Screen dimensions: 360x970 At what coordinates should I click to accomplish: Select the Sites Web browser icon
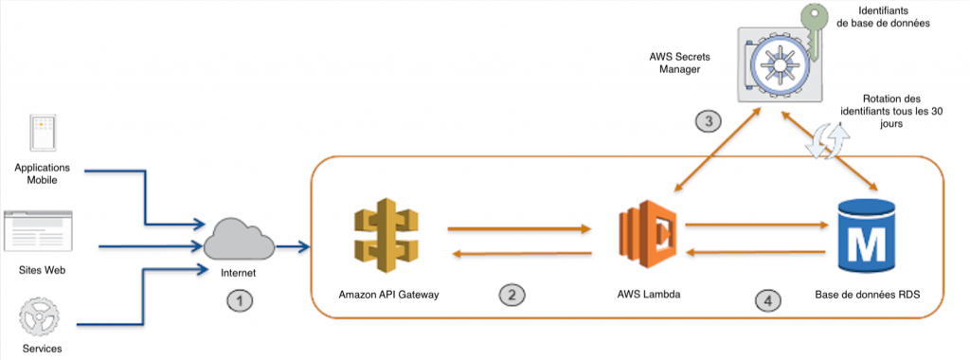(x=40, y=231)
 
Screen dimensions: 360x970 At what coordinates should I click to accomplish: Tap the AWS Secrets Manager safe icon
(x=779, y=66)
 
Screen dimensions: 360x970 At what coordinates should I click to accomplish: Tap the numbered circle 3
(x=710, y=120)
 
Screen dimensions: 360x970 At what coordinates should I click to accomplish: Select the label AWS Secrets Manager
(x=679, y=63)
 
